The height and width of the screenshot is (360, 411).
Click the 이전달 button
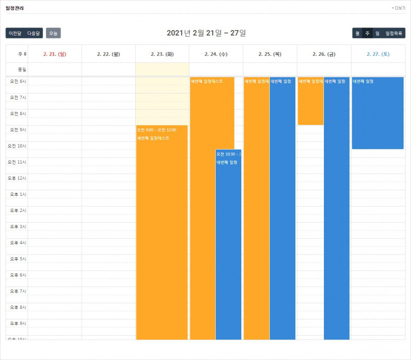coord(15,33)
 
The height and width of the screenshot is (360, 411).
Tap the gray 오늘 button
coord(53,33)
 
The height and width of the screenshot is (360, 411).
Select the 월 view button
coord(357,33)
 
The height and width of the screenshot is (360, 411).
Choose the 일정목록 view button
coord(394,33)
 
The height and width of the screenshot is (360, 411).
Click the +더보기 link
coord(399,8)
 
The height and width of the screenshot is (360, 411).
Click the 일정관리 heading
coord(15,8)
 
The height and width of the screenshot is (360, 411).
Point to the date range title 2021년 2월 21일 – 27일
coord(206,33)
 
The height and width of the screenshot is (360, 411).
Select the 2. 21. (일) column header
coord(55,54)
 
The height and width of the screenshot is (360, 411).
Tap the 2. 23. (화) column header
coord(162,54)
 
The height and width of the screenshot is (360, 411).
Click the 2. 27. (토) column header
coord(378,54)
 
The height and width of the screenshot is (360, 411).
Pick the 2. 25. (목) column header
coord(270,54)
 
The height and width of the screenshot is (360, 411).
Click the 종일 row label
coord(22,69)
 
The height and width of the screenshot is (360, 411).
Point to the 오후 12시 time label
coord(17,178)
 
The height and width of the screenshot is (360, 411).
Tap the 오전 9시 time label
coord(18,130)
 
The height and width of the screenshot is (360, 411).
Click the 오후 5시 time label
coord(18,259)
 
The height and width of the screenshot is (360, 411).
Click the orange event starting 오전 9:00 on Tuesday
coord(162,232)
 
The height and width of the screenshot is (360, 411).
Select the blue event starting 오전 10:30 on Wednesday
coord(228,243)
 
